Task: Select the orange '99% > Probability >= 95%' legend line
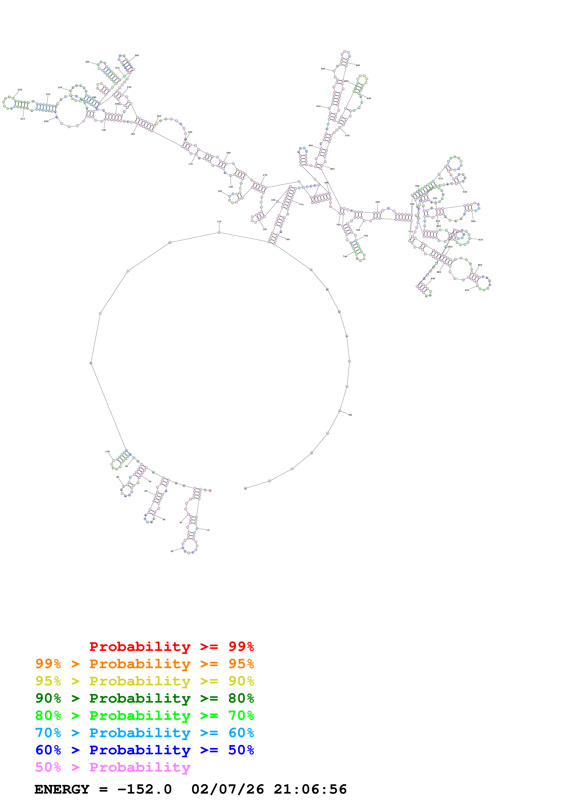[144, 664]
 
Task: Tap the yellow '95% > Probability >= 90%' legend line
[144, 681]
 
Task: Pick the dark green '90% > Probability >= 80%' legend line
[144, 698]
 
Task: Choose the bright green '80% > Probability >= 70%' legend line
[144, 715]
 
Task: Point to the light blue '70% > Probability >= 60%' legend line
[144, 733]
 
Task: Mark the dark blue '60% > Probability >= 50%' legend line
[144, 750]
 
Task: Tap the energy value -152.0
[144, 789]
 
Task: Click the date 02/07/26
[228, 789]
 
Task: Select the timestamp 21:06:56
[310, 789]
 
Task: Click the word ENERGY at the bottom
[62, 789]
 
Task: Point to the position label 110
[219, 221]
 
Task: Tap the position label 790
[350, 415]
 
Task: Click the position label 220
[20, 90]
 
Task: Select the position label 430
[358, 65]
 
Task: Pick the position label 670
[467, 290]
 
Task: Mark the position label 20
[172, 551]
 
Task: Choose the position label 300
[87, 62]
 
